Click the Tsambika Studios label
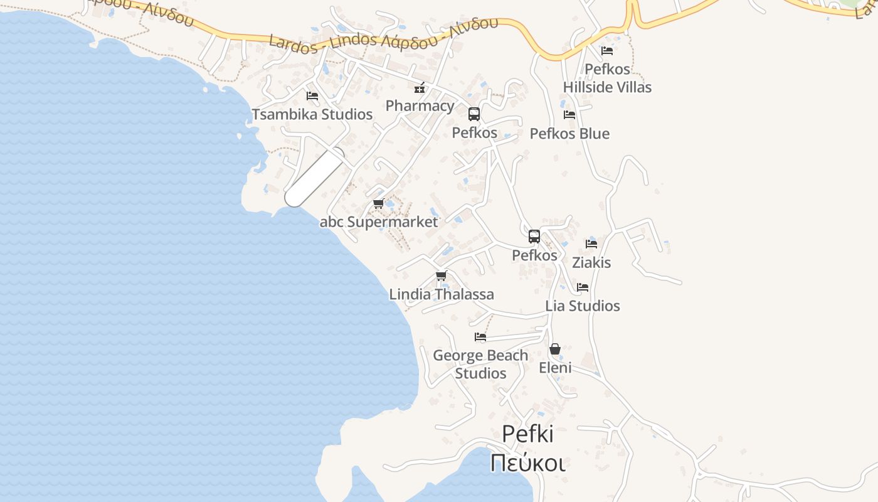pyautogui.click(x=312, y=114)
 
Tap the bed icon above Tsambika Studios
pyautogui.click(x=312, y=96)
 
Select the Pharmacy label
pyautogui.click(x=420, y=105)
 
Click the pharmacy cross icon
pyautogui.click(x=420, y=88)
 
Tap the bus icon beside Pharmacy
pyautogui.click(x=474, y=114)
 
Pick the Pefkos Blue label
pyautogui.click(x=569, y=134)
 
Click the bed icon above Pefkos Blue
pyautogui.click(x=569, y=115)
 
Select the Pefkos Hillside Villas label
pyautogui.click(x=607, y=78)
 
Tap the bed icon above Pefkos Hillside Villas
pyautogui.click(x=606, y=51)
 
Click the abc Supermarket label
pyautogui.click(x=379, y=222)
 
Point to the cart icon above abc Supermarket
pyautogui.click(x=378, y=204)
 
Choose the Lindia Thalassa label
pyautogui.click(x=442, y=294)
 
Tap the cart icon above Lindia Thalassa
pyautogui.click(x=442, y=276)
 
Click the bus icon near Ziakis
pyautogui.click(x=534, y=237)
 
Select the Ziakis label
pyautogui.click(x=591, y=262)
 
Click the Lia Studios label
pyautogui.click(x=583, y=306)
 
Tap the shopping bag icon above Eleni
pyautogui.click(x=555, y=349)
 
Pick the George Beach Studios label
pyautogui.click(x=480, y=364)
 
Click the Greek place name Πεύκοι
pyautogui.click(x=528, y=463)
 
